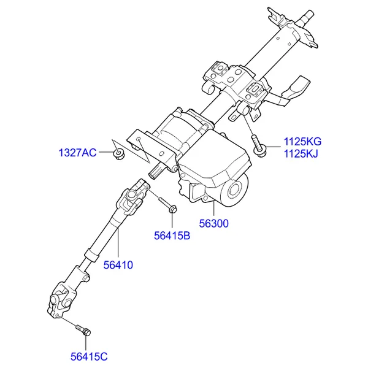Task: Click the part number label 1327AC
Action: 77,153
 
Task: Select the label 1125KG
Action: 302,142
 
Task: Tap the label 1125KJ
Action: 301,154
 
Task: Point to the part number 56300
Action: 213,223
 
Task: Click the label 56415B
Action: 172,236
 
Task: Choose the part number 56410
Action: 118,265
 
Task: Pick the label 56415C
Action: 89,357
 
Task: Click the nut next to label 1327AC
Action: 119,154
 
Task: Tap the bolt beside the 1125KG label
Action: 258,147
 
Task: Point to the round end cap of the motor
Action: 235,191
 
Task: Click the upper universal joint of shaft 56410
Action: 134,196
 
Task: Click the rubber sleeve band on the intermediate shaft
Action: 92,255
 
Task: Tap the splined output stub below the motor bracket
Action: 156,172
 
